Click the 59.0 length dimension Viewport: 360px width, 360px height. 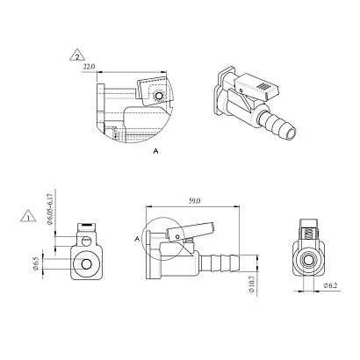(x=194, y=201)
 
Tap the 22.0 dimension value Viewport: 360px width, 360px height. (x=89, y=67)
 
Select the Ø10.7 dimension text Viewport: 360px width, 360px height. (x=252, y=285)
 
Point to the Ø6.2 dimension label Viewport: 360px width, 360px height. (x=330, y=285)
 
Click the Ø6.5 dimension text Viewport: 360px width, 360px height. (x=36, y=264)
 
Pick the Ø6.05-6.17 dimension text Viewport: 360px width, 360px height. (x=50, y=208)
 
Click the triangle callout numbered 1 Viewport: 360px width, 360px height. (x=28, y=216)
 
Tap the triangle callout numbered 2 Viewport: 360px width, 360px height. (x=77, y=54)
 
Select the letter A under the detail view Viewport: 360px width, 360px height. (x=156, y=151)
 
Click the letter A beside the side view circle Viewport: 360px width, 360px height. (x=136, y=239)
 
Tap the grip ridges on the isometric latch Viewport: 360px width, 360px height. (x=263, y=86)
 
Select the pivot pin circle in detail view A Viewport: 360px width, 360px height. (x=159, y=96)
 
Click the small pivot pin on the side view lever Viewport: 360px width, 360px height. (x=177, y=236)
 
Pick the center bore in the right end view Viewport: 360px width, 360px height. (x=308, y=260)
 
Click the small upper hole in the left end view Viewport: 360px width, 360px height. (x=86, y=241)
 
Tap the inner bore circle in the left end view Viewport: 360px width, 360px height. (x=86, y=264)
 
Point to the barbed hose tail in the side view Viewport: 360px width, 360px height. (x=220, y=261)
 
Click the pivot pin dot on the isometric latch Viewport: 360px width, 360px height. (x=241, y=90)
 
